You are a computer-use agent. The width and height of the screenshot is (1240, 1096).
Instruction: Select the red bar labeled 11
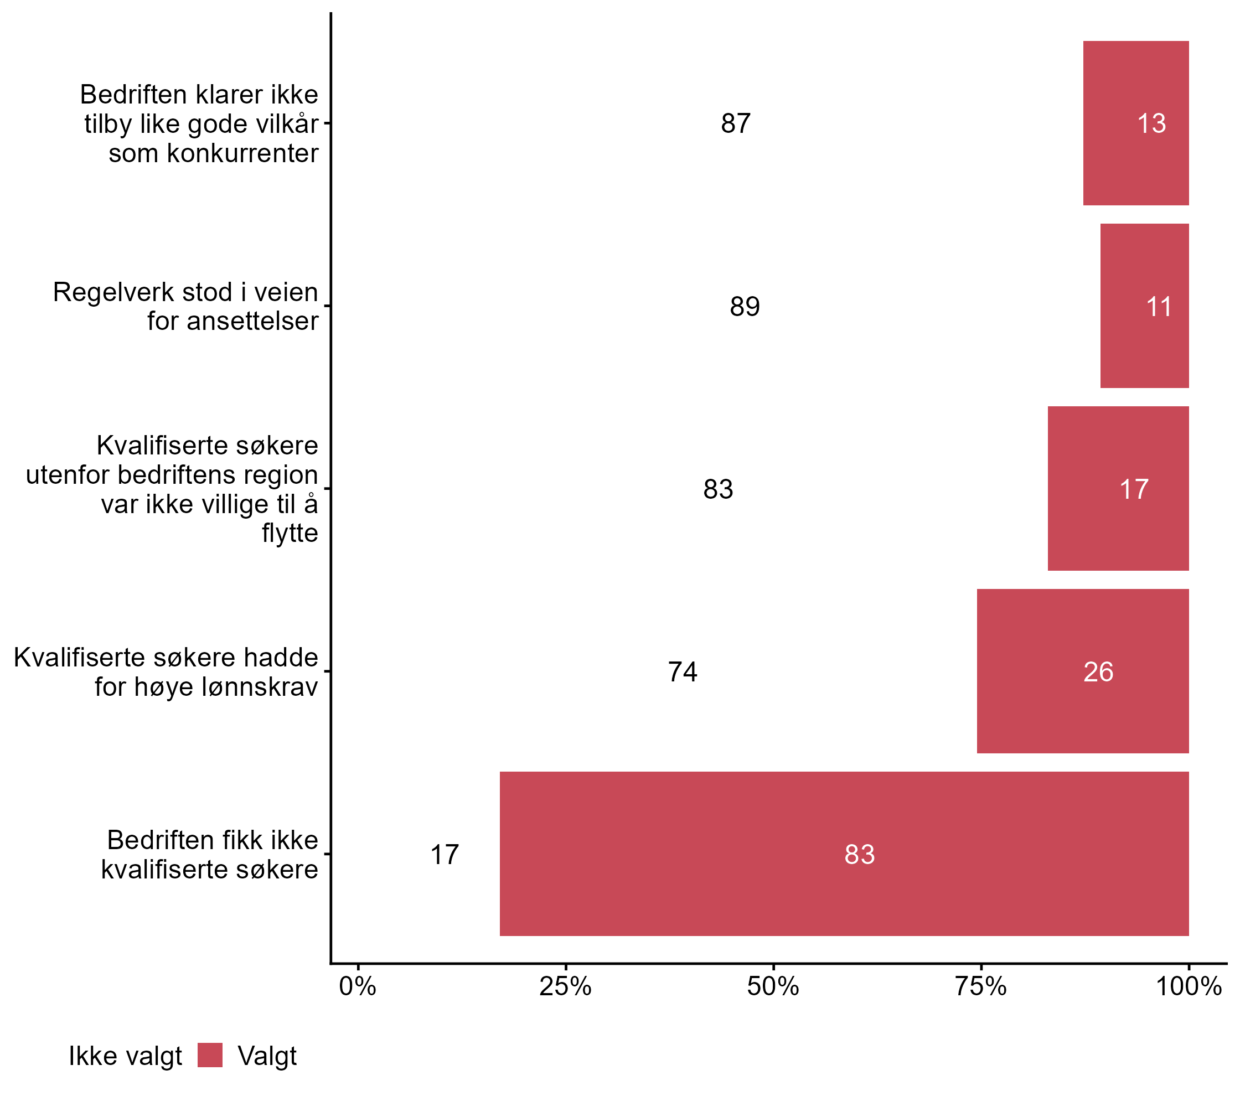(1144, 306)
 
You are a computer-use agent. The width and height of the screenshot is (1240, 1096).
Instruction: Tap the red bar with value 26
(1082, 671)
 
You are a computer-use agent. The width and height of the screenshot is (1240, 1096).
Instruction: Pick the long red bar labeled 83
(843, 854)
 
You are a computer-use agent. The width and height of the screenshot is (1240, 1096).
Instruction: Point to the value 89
(745, 306)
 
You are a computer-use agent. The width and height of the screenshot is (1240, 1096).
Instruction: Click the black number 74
(683, 671)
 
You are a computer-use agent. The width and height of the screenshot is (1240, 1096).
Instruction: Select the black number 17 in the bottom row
(444, 855)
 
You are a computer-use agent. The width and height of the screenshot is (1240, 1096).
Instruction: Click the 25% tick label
(565, 987)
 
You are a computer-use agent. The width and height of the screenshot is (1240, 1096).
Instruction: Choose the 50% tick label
(773, 987)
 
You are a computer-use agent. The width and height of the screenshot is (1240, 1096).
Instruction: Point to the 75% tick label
(980, 987)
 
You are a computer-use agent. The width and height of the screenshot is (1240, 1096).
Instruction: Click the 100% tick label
(1188, 987)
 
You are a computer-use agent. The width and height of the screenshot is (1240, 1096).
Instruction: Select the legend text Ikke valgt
(125, 1056)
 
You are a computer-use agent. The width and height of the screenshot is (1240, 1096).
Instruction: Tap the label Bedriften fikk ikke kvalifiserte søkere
(210, 855)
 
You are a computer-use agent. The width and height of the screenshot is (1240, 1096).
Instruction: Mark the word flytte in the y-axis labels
(290, 533)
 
